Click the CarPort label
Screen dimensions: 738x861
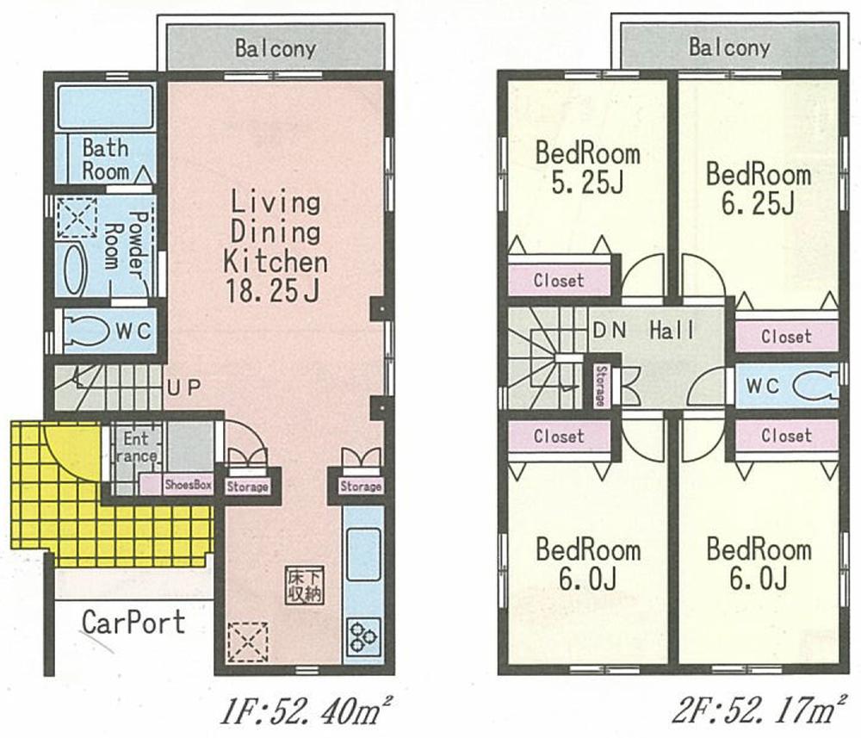[x=133, y=622]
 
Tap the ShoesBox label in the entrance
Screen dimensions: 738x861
[x=189, y=484]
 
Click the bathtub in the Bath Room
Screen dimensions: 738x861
[x=106, y=108]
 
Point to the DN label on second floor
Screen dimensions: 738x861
[x=609, y=331]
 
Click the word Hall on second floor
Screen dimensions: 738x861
[x=672, y=331]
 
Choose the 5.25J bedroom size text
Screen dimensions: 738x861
[x=588, y=183]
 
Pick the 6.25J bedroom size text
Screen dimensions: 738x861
[x=758, y=203]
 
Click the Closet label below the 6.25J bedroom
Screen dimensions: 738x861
[x=786, y=337]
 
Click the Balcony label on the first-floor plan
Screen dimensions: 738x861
[x=276, y=48]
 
